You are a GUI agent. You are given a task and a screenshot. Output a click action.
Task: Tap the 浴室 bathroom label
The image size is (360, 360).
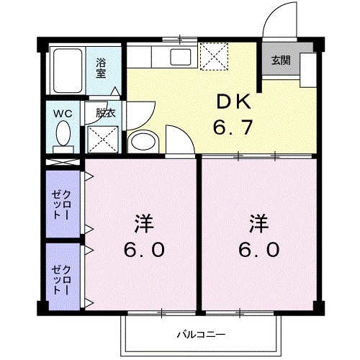(x=102, y=67)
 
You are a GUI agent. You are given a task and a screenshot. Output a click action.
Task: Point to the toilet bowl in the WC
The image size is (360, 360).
(x=63, y=134)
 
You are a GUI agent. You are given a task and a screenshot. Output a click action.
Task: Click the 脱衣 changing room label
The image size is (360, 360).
(x=105, y=113)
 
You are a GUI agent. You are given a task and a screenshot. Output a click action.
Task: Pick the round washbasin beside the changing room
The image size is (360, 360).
(x=142, y=140)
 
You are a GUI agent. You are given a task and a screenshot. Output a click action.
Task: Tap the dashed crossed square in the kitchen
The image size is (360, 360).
(x=213, y=55)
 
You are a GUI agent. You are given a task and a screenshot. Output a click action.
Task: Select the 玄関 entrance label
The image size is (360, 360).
(x=280, y=61)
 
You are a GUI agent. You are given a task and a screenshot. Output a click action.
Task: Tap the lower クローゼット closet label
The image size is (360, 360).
(x=60, y=278)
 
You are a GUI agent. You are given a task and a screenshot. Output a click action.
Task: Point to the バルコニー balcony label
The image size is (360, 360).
(x=201, y=334)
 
